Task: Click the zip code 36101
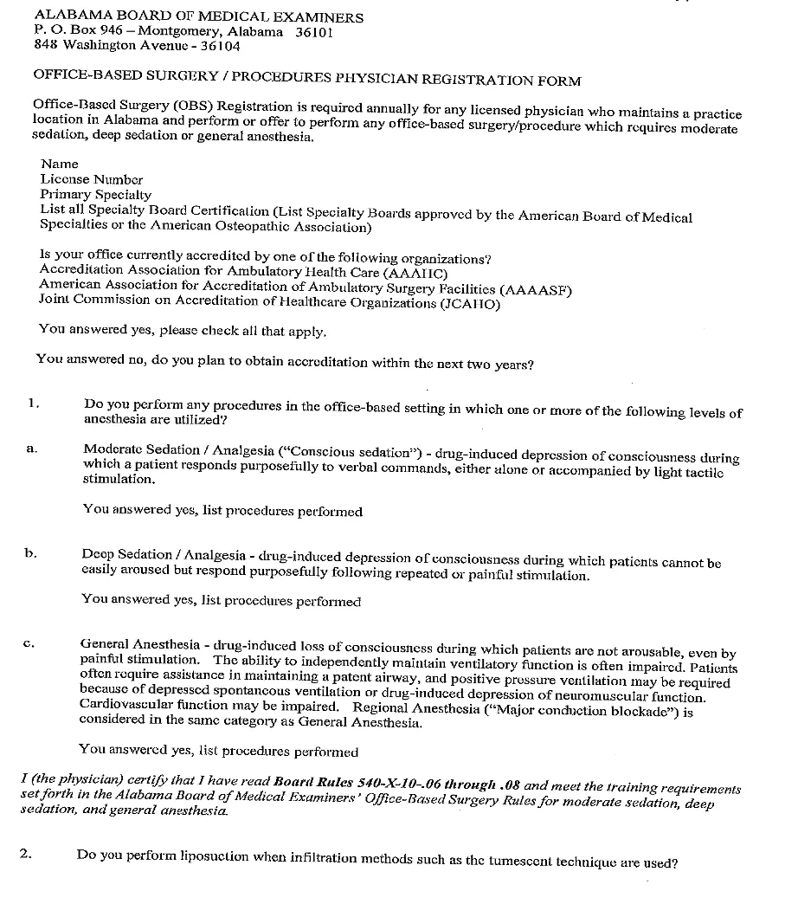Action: (x=314, y=32)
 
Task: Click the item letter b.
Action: (x=31, y=552)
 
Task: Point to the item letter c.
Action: (x=29, y=643)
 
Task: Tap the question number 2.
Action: (x=26, y=854)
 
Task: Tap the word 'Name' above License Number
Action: (x=59, y=164)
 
